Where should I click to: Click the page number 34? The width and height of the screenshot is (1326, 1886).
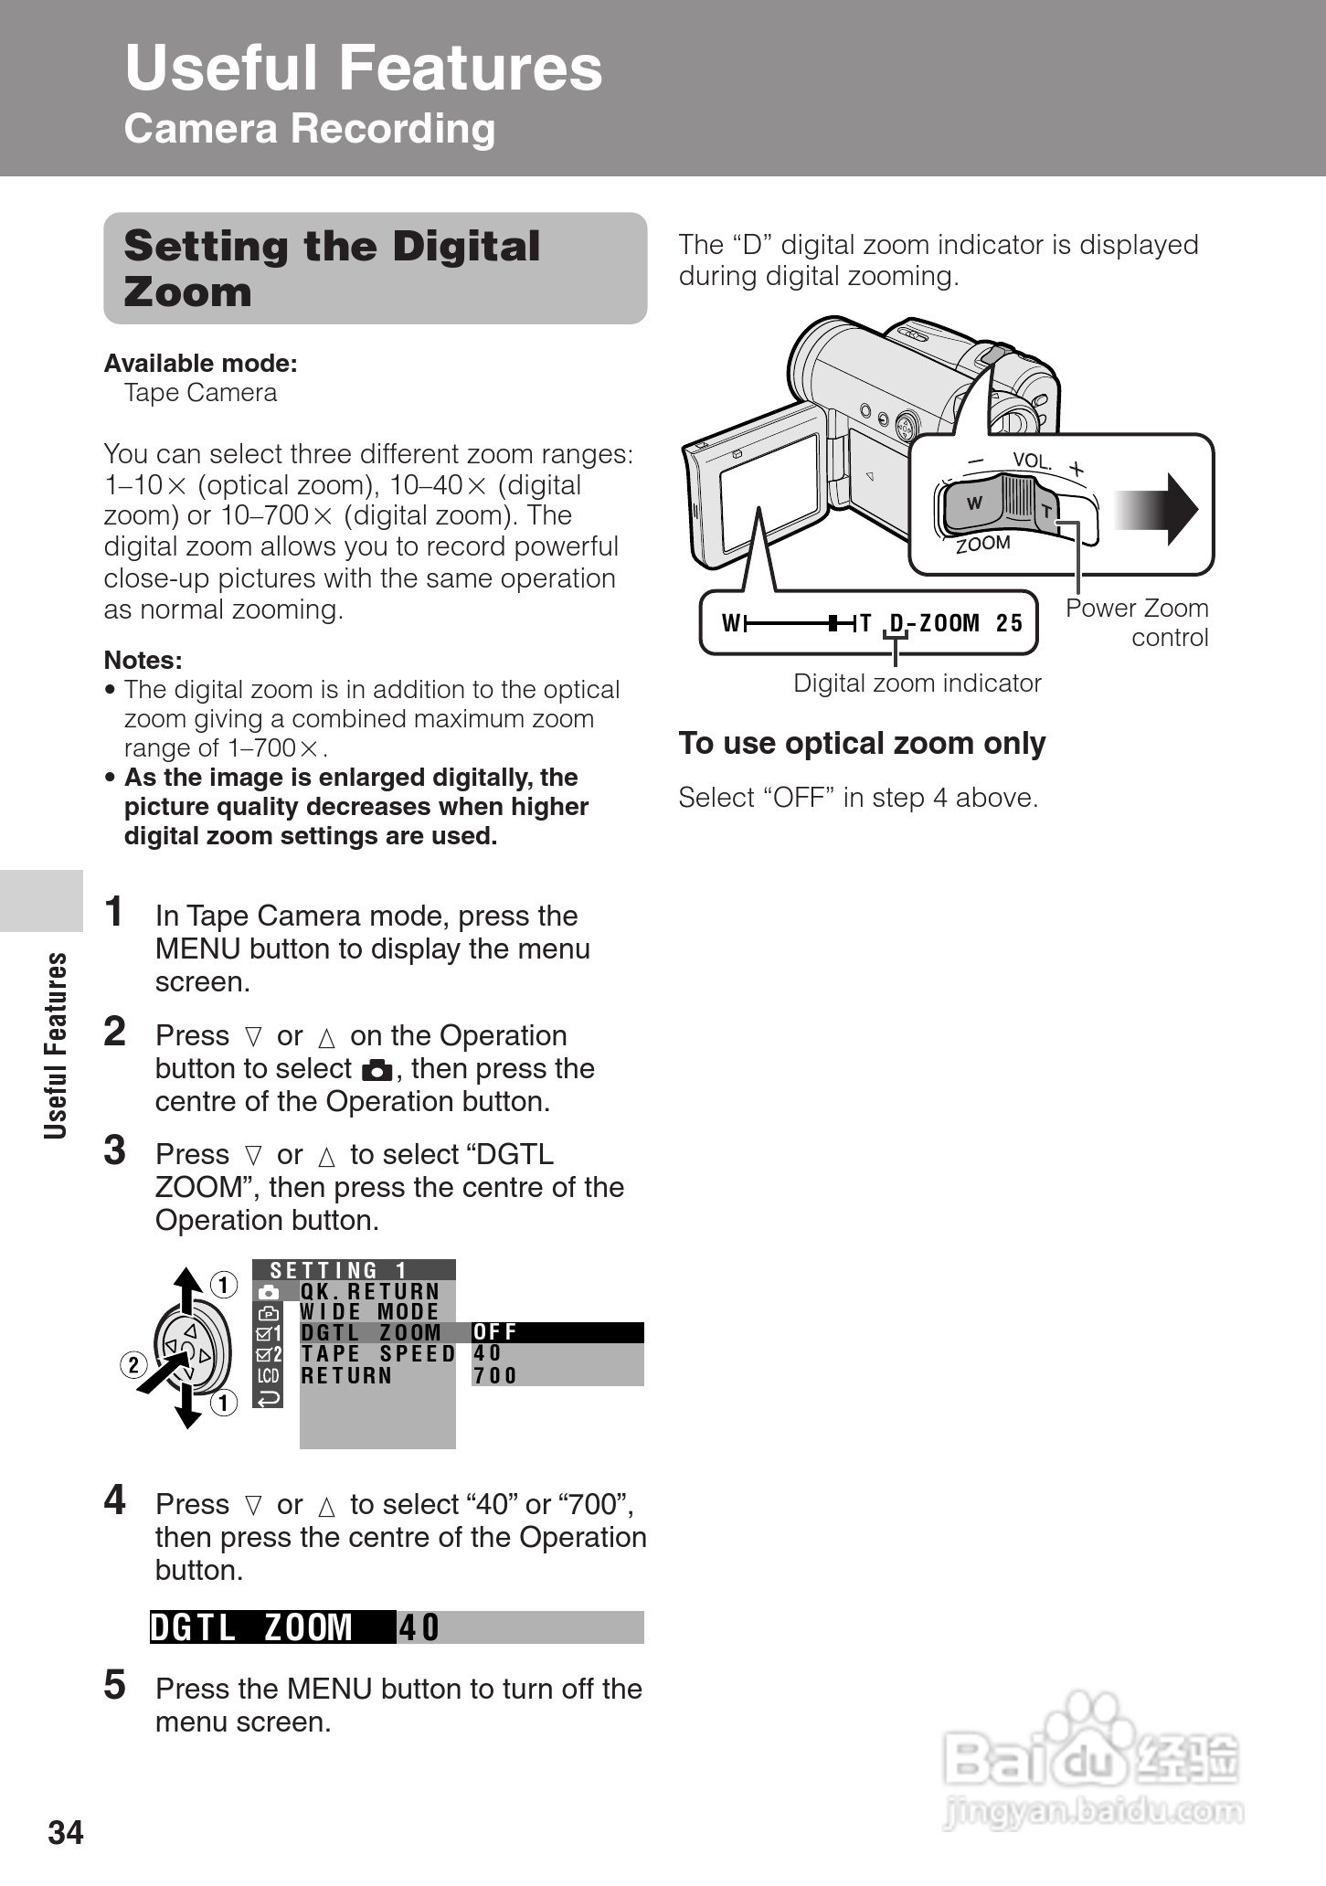(x=66, y=1832)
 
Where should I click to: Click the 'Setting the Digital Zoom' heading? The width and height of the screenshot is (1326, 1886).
(x=332, y=269)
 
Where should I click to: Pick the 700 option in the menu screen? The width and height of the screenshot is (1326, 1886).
(x=495, y=1376)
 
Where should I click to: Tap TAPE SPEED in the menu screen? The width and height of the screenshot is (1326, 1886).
(x=377, y=1354)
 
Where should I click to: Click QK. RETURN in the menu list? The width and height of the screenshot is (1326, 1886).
(x=370, y=1291)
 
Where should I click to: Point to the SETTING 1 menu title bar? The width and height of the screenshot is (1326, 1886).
(x=353, y=1270)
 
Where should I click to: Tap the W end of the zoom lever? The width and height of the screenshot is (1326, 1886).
(x=974, y=503)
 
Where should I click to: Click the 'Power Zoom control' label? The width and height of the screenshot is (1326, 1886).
(x=1138, y=622)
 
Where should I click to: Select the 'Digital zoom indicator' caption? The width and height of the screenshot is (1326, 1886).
(x=917, y=683)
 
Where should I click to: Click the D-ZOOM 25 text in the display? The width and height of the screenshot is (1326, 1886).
(x=956, y=623)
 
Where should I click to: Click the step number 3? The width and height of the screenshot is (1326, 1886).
(x=115, y=1151)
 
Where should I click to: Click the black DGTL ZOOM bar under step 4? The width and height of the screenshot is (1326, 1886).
(x=272, y=1627)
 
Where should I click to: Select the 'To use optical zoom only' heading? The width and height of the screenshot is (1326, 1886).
(x=862, y=744)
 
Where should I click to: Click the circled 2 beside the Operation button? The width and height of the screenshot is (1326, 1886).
(x=133, y=1365)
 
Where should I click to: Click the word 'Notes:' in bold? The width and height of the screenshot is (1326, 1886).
(x=143, y=660)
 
